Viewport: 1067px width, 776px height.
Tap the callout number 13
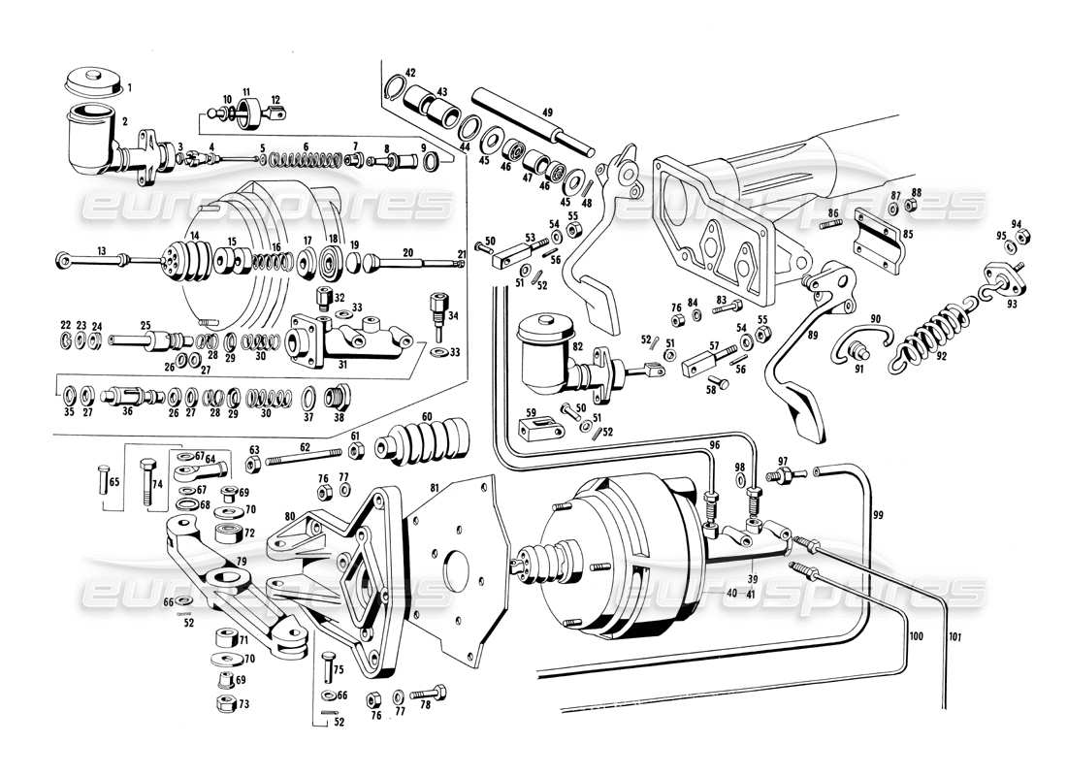(100, 249)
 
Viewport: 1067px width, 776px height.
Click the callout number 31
(343, 366)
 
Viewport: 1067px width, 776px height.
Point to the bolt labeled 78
(431, 695)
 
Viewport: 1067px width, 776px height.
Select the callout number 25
(145, 326)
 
